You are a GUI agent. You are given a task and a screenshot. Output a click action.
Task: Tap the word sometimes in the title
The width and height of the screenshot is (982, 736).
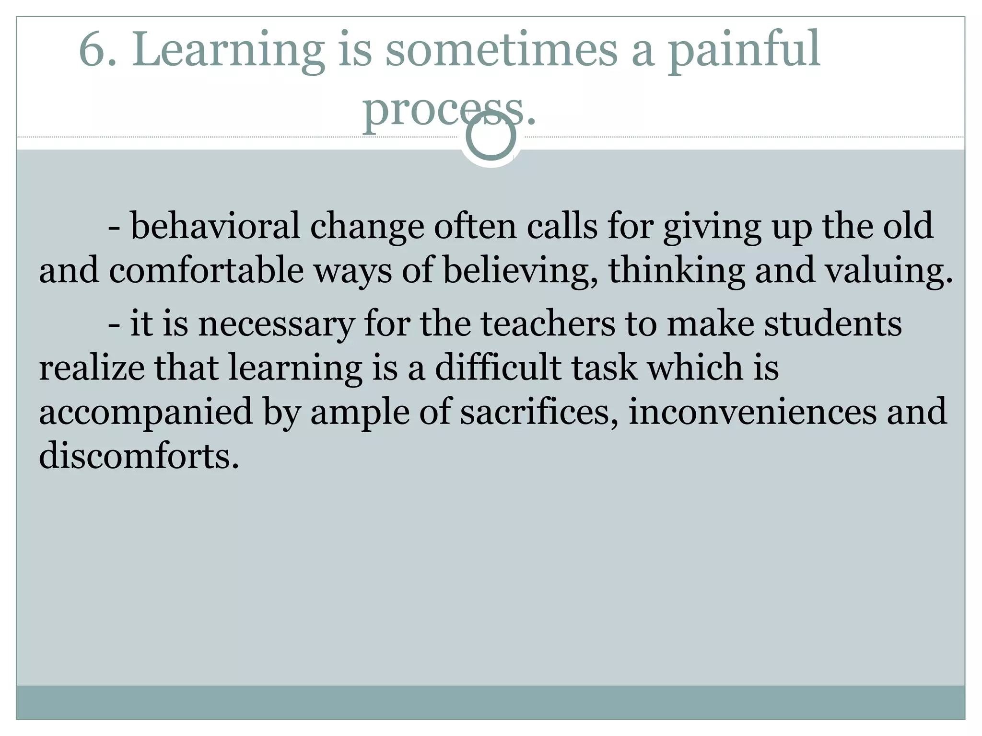[502, 49]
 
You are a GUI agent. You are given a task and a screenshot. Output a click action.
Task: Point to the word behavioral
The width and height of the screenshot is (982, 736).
[215, 226]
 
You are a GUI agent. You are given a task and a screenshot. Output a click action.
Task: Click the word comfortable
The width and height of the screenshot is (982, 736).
[206, 270]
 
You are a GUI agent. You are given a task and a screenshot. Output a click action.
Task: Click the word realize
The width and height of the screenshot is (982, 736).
[92, 368]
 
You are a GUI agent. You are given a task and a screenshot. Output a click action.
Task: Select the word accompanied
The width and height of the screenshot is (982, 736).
[146, 413]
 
